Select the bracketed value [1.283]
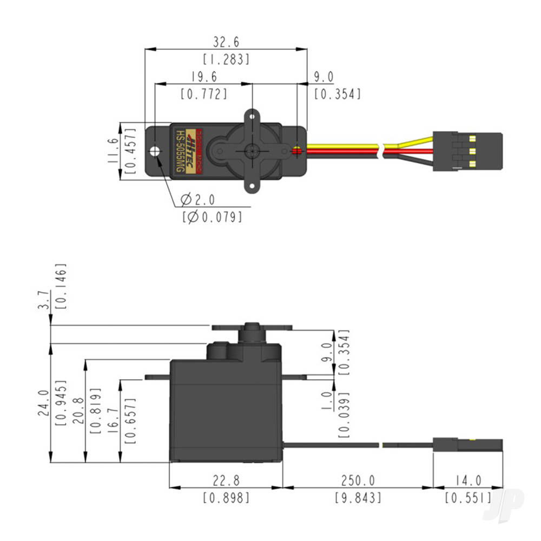(226, 59)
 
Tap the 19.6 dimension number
(203, 77)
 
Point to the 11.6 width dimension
(113, 150)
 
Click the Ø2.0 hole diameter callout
(198, 200)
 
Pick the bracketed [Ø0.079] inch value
(212, 216)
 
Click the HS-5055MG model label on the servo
(178, 151)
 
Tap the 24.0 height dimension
(43, 403)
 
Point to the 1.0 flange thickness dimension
(326, 404)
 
